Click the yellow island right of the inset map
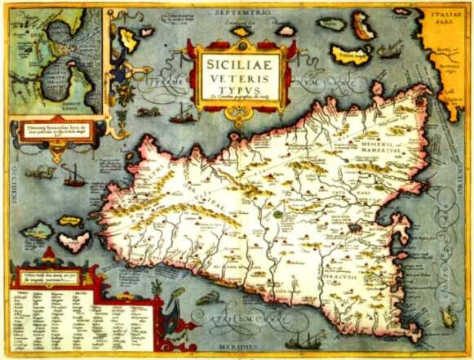click(128, 39)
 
